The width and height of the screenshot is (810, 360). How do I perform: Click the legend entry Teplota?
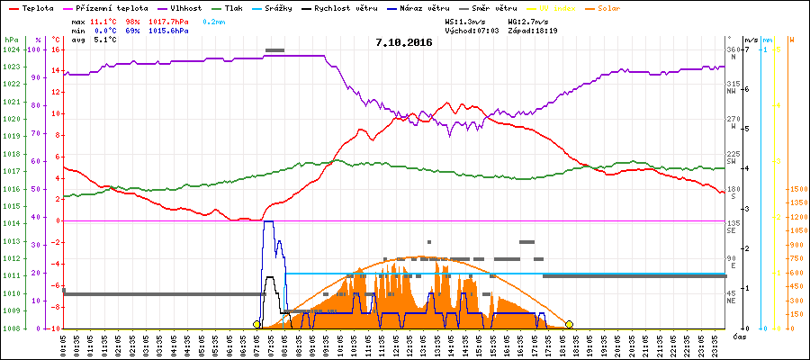tap(38, 7)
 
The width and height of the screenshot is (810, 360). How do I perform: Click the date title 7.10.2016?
tap(404, 42)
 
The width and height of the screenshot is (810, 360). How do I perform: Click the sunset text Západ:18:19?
tap(533, 30)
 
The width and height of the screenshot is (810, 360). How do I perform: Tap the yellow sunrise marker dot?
tap(256, 324)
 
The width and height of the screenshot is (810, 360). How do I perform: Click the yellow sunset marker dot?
tap(569, 324)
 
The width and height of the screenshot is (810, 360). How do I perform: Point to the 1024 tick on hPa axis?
tap(11, 49)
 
